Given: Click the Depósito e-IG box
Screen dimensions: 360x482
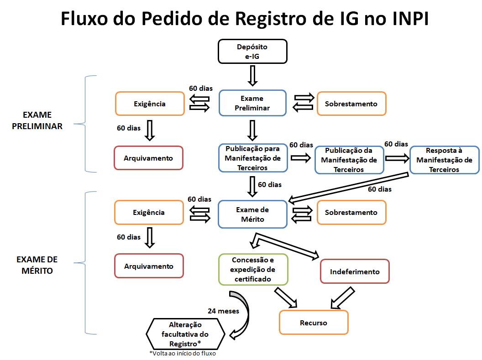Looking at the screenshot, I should [x=252, y=51].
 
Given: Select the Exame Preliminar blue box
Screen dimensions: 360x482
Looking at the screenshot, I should [x=252, y=104].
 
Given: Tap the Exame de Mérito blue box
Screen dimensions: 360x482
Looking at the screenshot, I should [x=252, y=214].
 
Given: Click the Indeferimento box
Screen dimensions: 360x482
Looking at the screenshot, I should [x=355, y=272].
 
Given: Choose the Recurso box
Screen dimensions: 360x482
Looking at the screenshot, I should [x=314, y=323].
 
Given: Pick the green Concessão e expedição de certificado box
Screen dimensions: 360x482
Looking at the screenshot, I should [x=253, y=269].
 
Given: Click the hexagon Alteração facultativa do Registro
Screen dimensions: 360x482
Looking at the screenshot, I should [x=185, y=334].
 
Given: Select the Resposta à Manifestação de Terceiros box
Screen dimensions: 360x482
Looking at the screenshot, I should [x=444, y=160].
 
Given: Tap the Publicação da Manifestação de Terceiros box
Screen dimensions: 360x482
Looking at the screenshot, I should [x=349, y=160].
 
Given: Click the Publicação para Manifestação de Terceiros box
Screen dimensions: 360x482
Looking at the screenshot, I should [x=253, y=158].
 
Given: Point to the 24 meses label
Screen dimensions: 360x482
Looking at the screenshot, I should [x=223, y=312].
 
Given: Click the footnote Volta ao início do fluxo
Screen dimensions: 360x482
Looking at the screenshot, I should [x=183, y=354].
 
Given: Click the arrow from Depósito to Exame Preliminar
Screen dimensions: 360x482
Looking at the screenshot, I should [x=252, y=75].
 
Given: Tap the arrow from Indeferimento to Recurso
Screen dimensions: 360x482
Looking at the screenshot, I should [x=341, y=297].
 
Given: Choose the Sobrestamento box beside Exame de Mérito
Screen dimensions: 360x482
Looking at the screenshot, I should [x=351, y=213].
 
